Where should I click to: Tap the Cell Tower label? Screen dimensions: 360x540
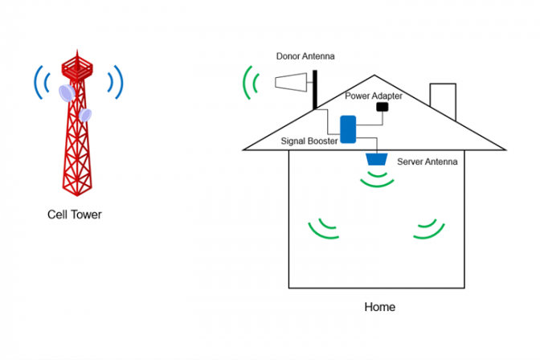[x=75, y=215]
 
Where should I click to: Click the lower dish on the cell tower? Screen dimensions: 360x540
[x=85, y=115]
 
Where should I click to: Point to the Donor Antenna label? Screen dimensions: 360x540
[x=305, y=57]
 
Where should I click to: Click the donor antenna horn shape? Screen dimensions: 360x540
[x=290, y=81]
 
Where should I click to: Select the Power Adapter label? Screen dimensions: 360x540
[x=374, y=96]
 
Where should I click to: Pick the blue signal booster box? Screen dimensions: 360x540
[x=348, y=129]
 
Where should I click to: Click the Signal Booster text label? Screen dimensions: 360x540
[x=309, y=141]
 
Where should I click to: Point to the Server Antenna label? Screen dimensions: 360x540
[x=427, y=162]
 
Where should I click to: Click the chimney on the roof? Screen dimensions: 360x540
[x=443, y=101]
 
